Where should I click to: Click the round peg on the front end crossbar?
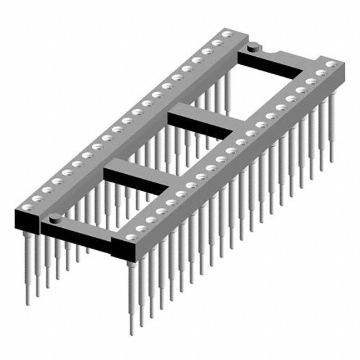click(x=55, y=217)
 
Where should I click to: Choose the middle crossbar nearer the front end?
click(x=138, y=177)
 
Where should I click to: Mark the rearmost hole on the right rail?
click(x=331, y=65)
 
